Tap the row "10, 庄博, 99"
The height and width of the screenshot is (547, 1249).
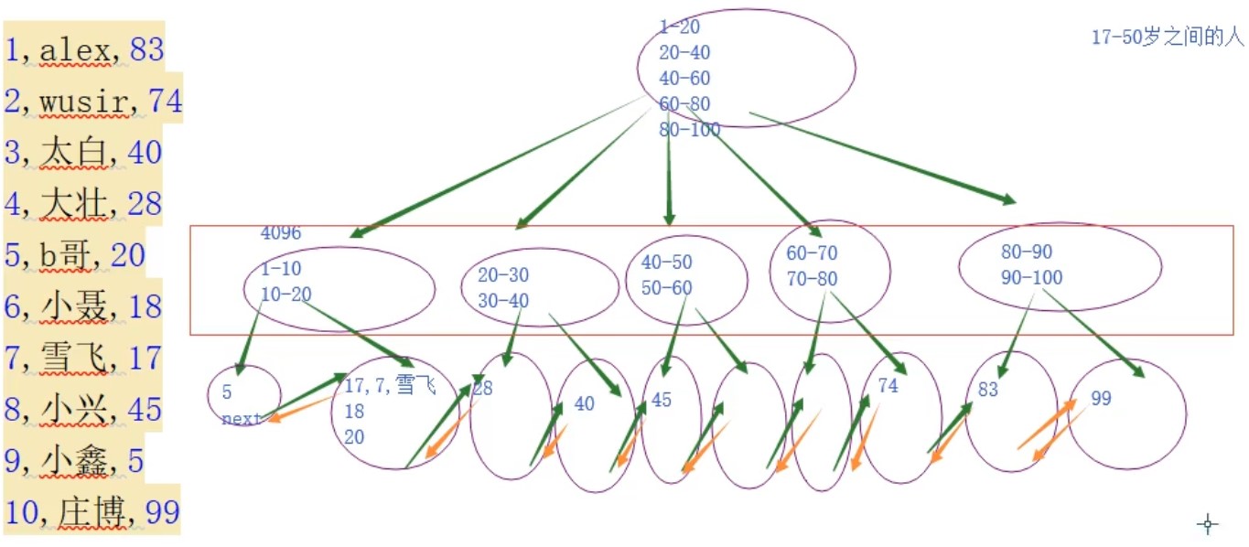point(92,512)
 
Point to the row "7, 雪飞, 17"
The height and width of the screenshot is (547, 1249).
point(83,358)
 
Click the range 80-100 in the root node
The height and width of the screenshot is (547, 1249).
point(689,130)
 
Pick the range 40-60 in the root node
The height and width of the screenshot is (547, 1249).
point(684,79)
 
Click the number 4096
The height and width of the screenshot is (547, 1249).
point(281,233)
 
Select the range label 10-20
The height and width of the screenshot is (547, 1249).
point(286,295)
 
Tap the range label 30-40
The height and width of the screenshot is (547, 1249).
point(502,301)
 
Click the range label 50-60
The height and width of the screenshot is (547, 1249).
point(666,288)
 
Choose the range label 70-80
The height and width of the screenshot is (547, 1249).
point(812,279)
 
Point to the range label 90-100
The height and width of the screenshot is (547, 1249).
point(1031,277)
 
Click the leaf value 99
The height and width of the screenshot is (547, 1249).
point(1101,399)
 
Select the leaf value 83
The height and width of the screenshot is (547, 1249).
point(987,390)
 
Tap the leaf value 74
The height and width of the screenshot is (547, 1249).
point(888,386)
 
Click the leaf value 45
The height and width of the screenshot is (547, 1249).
point(661,401)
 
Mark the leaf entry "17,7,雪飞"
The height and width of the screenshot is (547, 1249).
point(389,386)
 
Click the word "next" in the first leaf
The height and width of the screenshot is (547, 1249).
point(242,419)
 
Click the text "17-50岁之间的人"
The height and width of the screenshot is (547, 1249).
point(1168,38)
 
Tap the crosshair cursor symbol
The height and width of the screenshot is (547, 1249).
point(1208,524)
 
